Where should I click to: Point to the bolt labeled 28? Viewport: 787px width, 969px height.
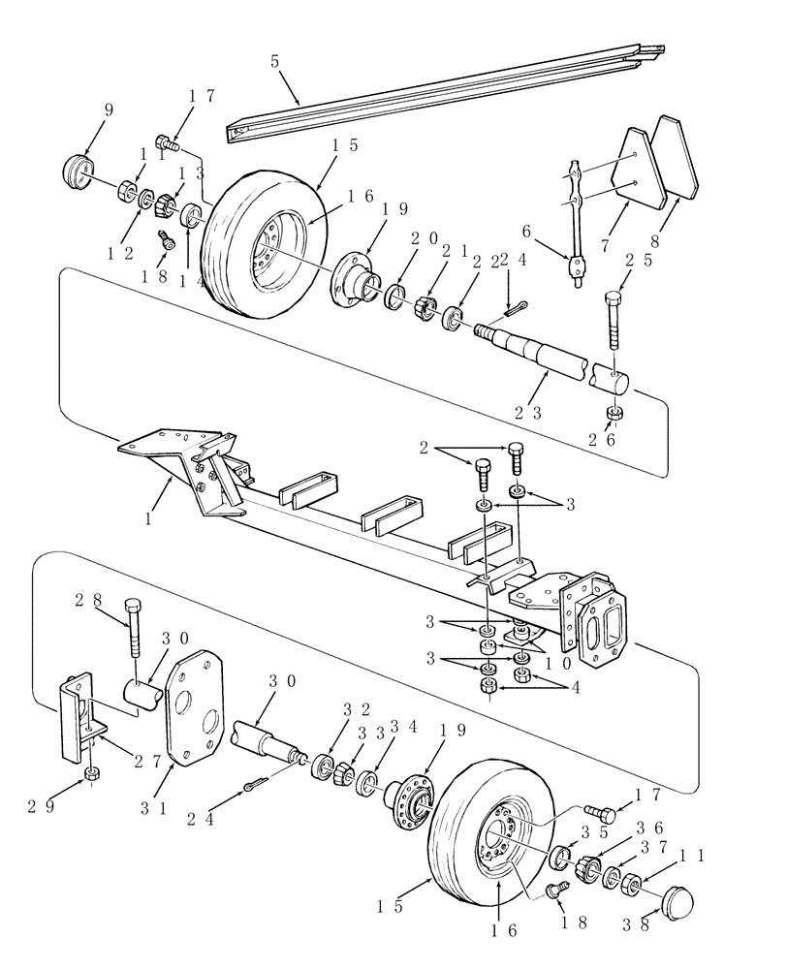tap(134, 630)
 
